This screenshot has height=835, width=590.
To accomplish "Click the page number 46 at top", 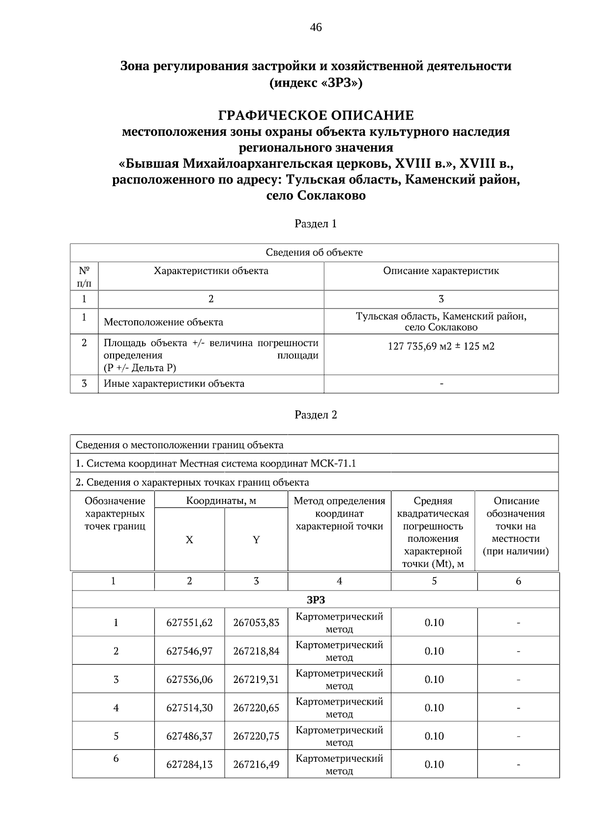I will (316, 27).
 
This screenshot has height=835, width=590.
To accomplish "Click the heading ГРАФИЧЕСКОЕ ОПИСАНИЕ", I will (316, 116).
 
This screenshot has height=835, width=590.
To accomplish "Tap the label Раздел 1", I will (316, 224).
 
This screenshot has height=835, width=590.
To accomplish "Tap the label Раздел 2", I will (316, 415).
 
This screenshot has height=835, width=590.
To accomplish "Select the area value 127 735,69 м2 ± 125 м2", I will (441, 346).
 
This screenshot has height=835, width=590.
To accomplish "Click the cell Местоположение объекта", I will (163, 322).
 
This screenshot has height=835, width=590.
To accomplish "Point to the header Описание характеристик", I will (441, 271).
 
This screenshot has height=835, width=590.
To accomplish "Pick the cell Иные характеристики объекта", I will (174, 384).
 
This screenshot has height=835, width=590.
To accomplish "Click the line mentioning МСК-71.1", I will (215, 464).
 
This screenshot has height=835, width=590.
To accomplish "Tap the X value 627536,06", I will (189, 680).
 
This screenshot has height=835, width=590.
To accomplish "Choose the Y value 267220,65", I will (256, 708).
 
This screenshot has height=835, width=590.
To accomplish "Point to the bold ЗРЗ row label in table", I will (316, 600).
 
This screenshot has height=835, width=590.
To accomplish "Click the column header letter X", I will (189, 540).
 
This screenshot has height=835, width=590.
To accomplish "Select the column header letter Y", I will (256, 540).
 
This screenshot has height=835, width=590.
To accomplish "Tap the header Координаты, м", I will (221, 501).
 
